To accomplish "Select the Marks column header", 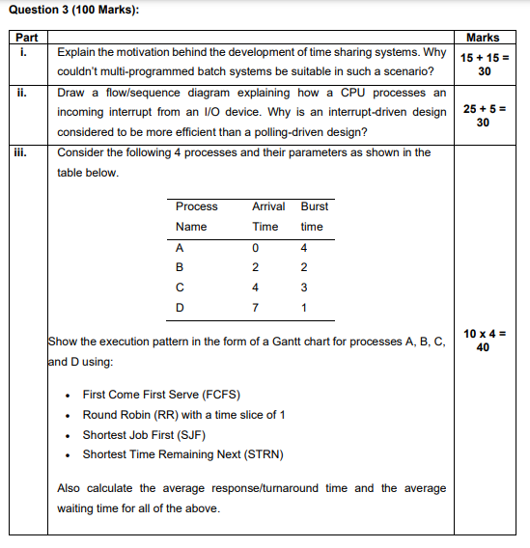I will [x=483, y=38].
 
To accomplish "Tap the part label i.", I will [x=21, y=53].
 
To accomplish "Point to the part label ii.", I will [x=22, y=94].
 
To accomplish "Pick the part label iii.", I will [x=24, y=153].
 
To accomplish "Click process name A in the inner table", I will [x=179, y=247].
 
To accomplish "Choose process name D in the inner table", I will [x=180, y=308].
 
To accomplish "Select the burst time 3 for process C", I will [x=304, y=288].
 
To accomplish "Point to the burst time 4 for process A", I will [x=304, y=247].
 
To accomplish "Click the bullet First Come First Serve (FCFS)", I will [x=161, y=395].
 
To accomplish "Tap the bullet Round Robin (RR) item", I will [x=183, y=415].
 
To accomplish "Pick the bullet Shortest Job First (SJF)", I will [x=144, y=434].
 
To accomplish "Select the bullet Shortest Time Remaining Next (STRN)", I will [x=182, y=454].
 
